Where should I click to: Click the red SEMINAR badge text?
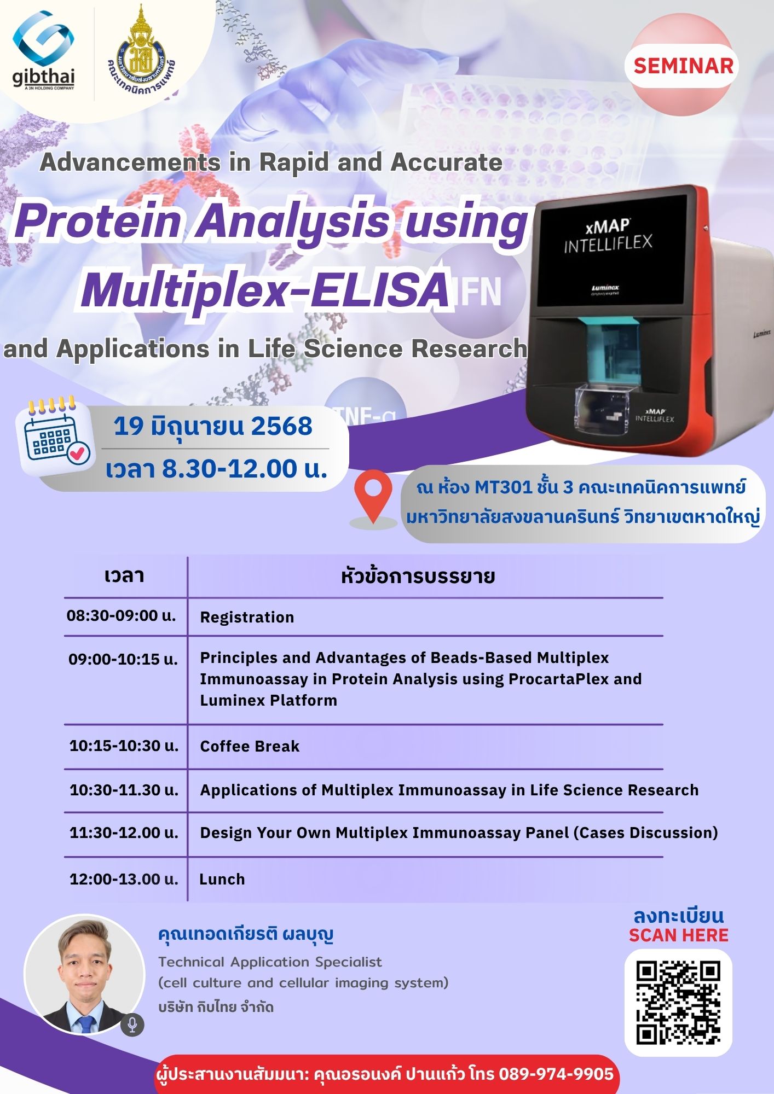coord(683,66)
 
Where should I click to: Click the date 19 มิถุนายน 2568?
coord(213,426)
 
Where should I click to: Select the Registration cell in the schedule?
coord(247,618)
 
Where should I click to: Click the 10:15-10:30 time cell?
coord(124,746)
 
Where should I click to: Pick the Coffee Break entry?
coord(250,747)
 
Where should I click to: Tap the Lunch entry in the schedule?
coord(222,880)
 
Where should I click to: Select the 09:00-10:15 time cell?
coord(123,659)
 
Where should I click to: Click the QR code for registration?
coord(678,1002)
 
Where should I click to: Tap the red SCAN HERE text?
coord(678,935)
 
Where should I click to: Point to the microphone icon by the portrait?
coord(132,1024)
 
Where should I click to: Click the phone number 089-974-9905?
coord(556,1074)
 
